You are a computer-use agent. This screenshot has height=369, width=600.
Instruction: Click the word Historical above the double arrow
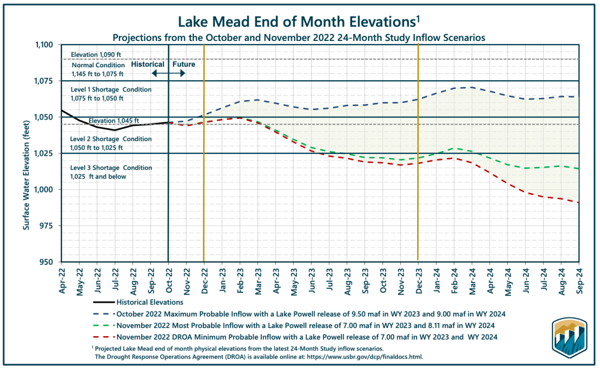pos(148,64)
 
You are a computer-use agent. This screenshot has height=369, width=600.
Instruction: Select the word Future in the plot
pos(183,64)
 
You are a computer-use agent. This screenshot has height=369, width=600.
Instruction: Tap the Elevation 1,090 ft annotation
pos(95,54)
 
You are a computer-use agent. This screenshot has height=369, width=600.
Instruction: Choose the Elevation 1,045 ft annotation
pos(114,121)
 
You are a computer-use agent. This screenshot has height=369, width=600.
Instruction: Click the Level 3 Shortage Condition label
pos(103,168)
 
